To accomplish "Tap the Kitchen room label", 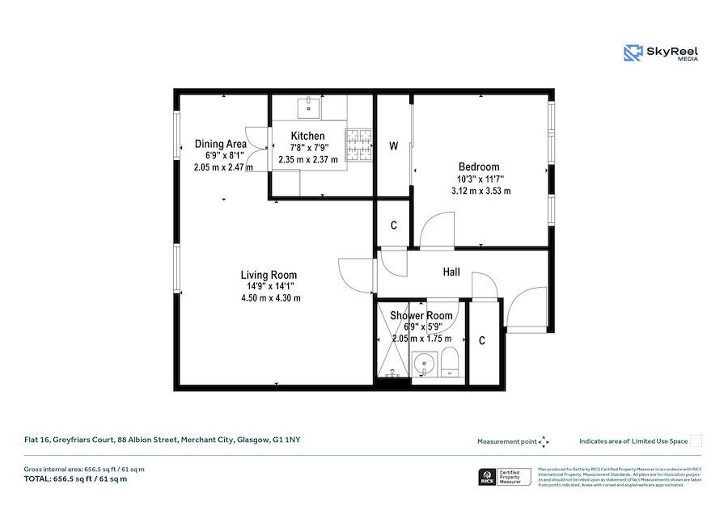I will pos(307,136).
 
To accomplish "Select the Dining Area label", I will pos(220,144).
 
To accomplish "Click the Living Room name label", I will pos(269,275).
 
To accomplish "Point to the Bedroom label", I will pos(479,166).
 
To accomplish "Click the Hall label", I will pos(451,272).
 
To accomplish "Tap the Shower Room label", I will pos(421,315).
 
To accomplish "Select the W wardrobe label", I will pos(394,146).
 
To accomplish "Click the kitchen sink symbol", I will pos(308,106).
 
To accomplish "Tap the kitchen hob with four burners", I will pos(359,145).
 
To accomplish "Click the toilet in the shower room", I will pos(450,364).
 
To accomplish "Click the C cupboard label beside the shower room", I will pos(482,341).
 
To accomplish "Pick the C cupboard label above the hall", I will pos(394,225).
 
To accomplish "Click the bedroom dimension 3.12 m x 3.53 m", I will pos(480,191).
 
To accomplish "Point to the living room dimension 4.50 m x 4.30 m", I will pos(270,298).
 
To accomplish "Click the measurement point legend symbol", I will pos(544,441).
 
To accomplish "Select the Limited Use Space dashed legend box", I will pos(696,440).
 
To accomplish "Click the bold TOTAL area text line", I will pos(75,479).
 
